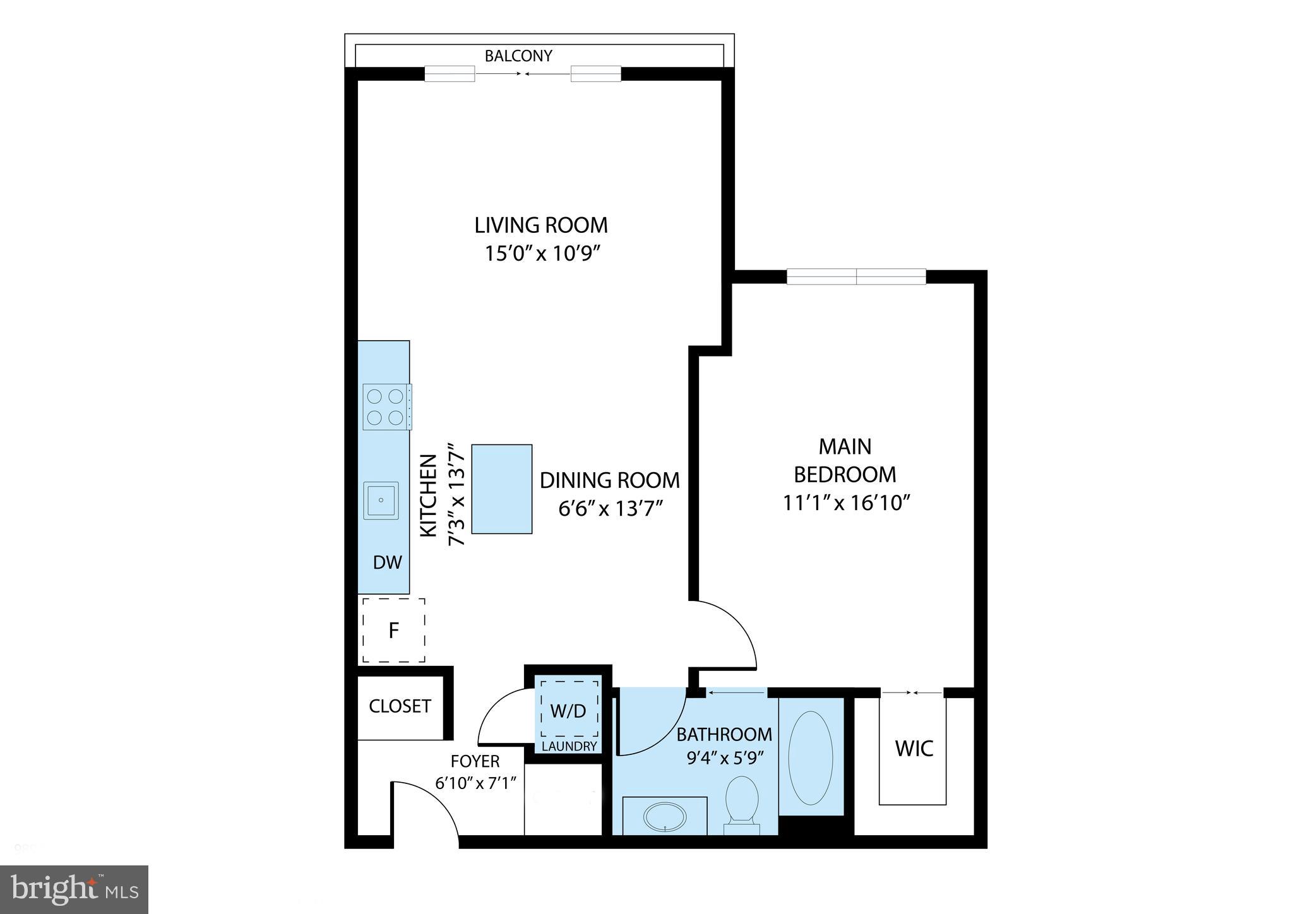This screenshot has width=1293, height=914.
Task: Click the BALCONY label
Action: tap(518, 56)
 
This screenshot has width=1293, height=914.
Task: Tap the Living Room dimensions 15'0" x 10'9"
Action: tap(541, 254)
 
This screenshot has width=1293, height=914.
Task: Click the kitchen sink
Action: tap(381, 501)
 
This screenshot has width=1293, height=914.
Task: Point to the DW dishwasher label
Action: tap(387, 562)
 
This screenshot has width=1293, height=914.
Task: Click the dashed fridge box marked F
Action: tap(393, 630)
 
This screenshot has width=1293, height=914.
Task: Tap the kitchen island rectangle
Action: tap(502, 489)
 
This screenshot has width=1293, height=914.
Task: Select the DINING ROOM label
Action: tap(610, 480)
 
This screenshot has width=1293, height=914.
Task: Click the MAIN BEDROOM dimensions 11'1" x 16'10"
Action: tap(845, 503)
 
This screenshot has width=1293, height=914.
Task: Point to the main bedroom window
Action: tap(856, 276)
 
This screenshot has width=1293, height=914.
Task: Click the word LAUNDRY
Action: tap(569, 746)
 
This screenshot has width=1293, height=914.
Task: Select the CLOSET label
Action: tap(400, 706)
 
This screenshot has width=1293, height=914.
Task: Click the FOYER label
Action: tap(475, 761)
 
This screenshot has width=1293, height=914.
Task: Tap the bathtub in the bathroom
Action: tap(811, 757)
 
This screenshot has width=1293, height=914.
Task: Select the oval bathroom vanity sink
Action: tap(664, 816)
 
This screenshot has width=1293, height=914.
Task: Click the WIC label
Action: tap(914, 749)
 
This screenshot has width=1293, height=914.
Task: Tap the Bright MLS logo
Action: tap(74, 889)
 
